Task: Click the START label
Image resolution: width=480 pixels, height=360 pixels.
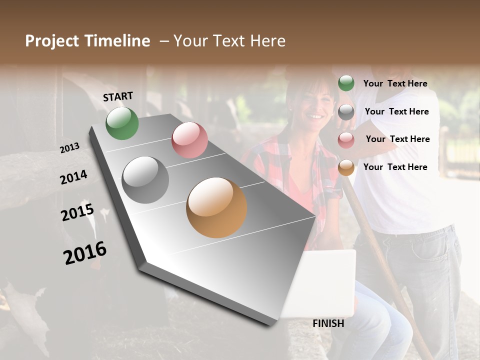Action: tap(118, 96)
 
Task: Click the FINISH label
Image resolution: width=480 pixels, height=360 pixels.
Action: tap(328, 323)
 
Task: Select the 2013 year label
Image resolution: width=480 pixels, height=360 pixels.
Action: tap(69, 147)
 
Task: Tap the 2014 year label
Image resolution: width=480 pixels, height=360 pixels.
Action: tap(73, 177)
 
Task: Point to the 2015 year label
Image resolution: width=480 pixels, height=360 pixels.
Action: tap(77, 212)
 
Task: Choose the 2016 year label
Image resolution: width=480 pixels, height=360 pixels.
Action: tap(85, 252)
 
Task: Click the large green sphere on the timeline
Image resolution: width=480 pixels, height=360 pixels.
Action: tap(122, 123)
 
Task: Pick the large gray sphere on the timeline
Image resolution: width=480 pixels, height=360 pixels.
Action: tap(145, 179)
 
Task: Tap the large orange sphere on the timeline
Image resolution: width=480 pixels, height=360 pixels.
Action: tap(216, 207)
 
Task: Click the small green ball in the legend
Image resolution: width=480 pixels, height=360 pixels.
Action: tap(346, 83)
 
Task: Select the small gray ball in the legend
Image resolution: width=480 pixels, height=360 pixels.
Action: tap(346, 112)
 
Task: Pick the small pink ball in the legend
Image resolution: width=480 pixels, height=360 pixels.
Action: tap(346, 140)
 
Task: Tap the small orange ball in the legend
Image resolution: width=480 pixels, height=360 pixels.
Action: tap(346, 168)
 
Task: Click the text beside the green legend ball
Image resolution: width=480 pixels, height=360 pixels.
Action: tap(395, 83)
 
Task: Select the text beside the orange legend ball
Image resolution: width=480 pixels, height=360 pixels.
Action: tap(395, 167)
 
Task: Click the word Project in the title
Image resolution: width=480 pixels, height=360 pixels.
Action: tap(51, 41)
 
